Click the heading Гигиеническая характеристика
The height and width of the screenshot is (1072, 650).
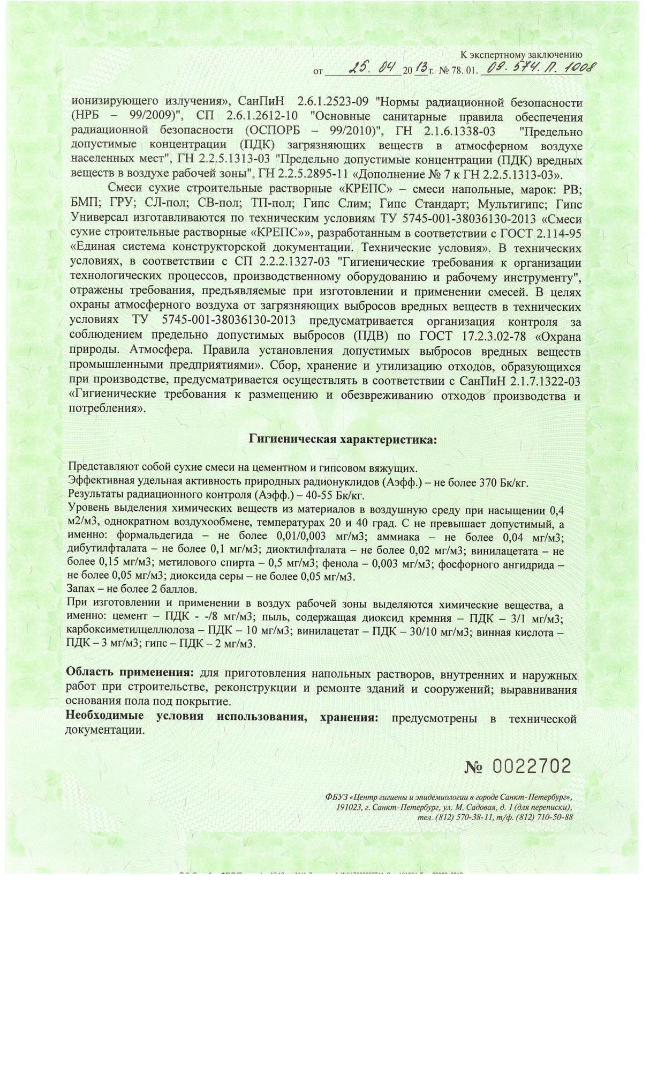[x=343, y=440]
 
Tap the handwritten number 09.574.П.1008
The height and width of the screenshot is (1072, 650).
[x=539, y=68]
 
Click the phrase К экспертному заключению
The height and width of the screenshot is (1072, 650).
[x=521, y=54]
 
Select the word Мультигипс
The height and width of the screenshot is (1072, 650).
[x=513, y=204]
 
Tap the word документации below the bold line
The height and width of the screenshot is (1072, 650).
[x=105, y=730]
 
